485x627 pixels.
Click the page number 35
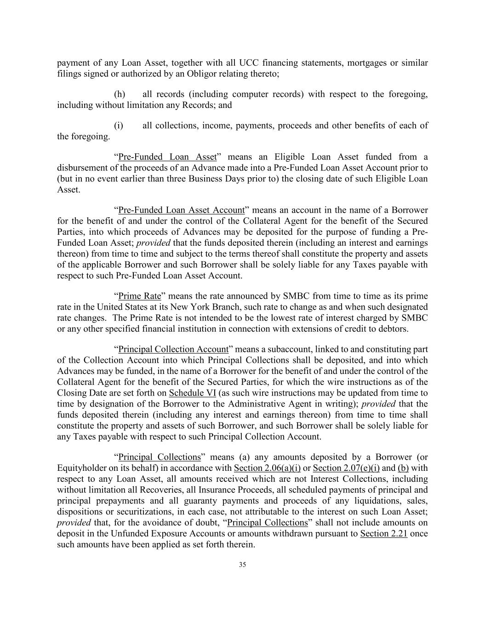pos(242,565)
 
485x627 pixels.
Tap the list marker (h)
pos(120,94)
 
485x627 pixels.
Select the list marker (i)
pos(119,125)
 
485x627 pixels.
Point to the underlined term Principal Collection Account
pos(173,349)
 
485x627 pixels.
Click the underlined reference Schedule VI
pos(192,393)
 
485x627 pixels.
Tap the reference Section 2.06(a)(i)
pos(267,468)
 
